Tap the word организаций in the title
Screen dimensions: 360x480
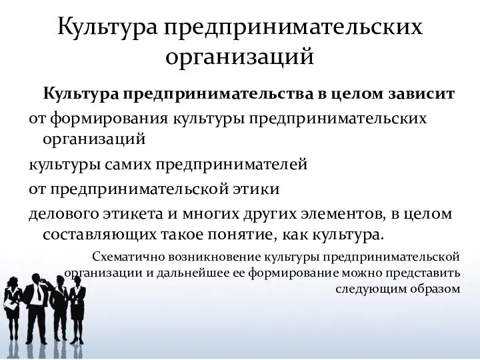coord(240,56)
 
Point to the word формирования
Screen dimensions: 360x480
coord(109,120)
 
